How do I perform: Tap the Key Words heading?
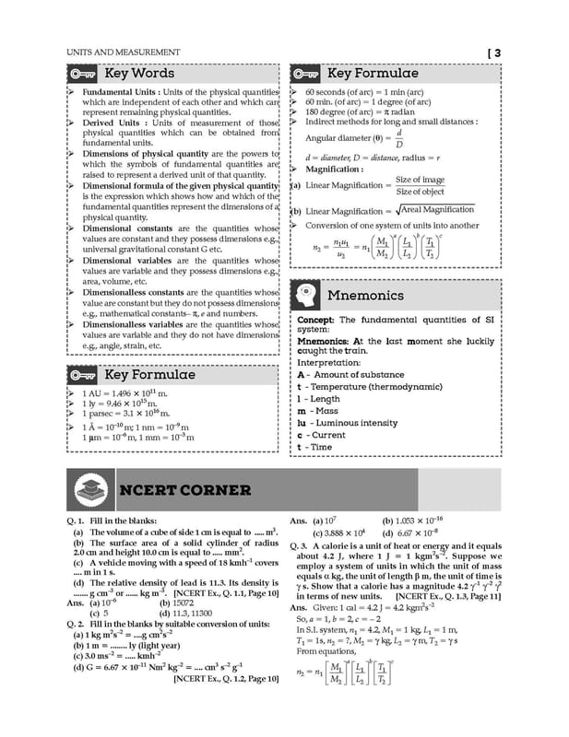[x=139, y=73]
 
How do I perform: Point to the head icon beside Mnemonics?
[x=306, y=296]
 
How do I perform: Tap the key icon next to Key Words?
[x=83, y=74]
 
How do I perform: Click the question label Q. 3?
[x=302, y=545]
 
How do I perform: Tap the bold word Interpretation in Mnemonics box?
[x=329, y=363]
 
